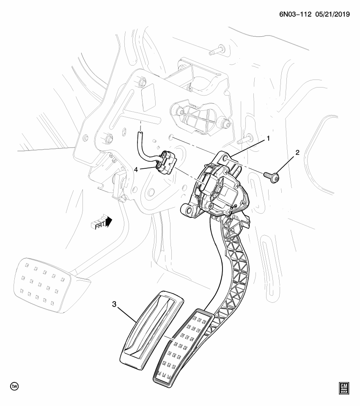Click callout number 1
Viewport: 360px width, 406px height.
[x=268, y=138]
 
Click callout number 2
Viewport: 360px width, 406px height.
[x=297, y=153]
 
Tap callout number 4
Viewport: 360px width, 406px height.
[x=136, y=169]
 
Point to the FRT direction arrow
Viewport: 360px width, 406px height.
[x=102, y=222]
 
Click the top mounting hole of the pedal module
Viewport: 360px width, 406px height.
[x=226, y=157]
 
